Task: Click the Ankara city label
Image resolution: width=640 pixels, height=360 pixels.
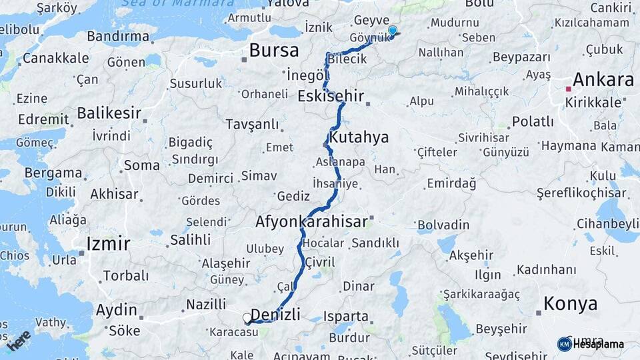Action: point(603,80)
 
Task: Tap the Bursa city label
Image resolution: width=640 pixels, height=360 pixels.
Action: point(271,50)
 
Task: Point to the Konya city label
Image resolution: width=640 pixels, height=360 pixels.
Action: point(570,304)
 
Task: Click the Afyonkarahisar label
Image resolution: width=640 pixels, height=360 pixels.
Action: point(311,222)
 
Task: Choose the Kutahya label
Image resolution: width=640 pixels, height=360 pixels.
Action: point(359,137)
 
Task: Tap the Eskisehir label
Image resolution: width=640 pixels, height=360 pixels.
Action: point(331,96)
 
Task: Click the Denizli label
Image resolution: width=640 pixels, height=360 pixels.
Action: point(275,314)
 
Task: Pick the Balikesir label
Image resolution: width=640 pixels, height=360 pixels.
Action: point(106,113)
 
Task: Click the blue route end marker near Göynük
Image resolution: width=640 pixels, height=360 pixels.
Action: point(392,31)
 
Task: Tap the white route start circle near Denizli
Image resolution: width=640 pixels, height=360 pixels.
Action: point(247,319)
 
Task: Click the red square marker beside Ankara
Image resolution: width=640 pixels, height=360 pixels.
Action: point(568,89)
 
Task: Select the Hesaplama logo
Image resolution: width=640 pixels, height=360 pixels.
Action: point(591,344)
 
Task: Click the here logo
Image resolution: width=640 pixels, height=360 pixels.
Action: point(19,340)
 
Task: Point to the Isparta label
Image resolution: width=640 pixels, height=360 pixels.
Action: point(345,316)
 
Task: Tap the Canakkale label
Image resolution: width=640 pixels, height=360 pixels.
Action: point(55,59)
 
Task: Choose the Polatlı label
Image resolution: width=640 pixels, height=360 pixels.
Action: point(533,121)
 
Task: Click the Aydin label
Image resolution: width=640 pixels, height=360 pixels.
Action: point(116,310)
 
